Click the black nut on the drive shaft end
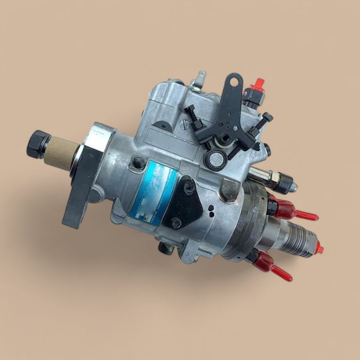click(38, 144)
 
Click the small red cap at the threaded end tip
click(319, 248)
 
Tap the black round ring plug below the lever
click(215, 159)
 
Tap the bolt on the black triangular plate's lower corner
click(176, 222)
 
